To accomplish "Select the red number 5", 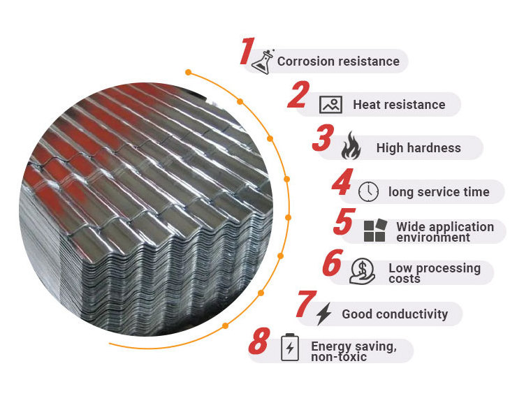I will (x=343, y=221).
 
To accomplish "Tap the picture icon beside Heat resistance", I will (x=330, y=105).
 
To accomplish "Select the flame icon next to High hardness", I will (x=350, y=147).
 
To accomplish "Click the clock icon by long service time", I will (x=368, y=191).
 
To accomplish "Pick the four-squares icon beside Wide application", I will (x=374, y=231).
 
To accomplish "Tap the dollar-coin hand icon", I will (x=363, y=271).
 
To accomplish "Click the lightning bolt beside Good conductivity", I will (x=323, y=314).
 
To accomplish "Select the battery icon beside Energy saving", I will (x=289, y=348).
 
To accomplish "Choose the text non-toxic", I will (x=339, y=357).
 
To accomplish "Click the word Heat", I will (x=366, y=105).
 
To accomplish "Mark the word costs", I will (x=405, y=279).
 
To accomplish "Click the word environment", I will (x=433, y=237).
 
